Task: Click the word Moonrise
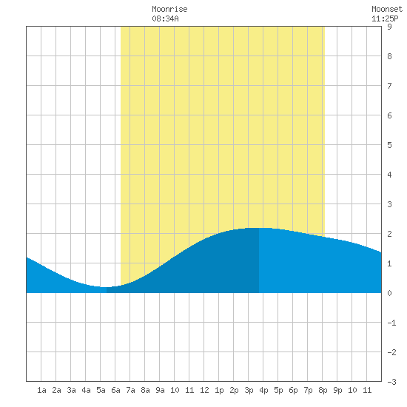tap(169, 9)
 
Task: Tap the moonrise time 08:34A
tap(165, 18)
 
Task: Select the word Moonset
tap(387, 9)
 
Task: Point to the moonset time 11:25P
tap(385, 18)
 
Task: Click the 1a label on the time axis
tap(41, 390)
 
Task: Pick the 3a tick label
tap(71, 390)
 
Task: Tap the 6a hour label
tap(115, 390)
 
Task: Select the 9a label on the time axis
tap(160, 390)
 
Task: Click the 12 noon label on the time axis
tap(204, 390)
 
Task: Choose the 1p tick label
tap(219, 390)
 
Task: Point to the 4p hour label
tap(263, 390)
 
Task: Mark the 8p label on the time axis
tap(323, 390)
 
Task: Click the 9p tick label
tap(337, 390)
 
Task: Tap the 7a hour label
tap(130, 390)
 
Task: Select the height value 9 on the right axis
tap(389, 27)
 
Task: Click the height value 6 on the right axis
tap(389, 115)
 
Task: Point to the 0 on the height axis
tap(389, 293)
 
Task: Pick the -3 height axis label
tap(391, 382)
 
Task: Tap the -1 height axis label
tap(391, 323)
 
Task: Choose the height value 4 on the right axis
tap(389, 175)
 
